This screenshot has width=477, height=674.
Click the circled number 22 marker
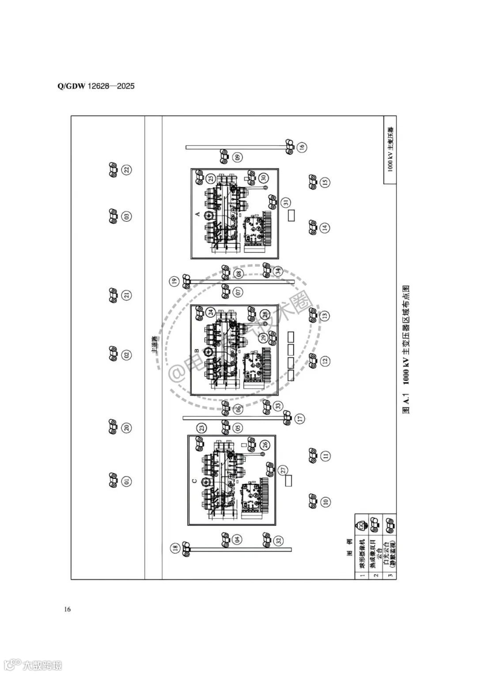click(127, 170)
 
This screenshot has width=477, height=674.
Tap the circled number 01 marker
click(127, 481)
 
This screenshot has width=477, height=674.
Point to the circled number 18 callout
click(175, 548)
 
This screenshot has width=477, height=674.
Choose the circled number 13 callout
click(325, 316)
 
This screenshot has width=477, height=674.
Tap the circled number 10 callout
click(325, 501)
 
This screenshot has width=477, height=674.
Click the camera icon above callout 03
click(113, 216)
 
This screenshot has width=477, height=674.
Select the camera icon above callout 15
click(313, 181)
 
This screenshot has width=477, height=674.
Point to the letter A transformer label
click(197, 214)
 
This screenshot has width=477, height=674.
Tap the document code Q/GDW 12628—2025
click(96, 86)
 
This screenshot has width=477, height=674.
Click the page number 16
click(68, 610)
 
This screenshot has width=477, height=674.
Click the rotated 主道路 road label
click(154, 345)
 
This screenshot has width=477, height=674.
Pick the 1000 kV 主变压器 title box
click(390, 150)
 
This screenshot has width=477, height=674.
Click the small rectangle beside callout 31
click(291, 216)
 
